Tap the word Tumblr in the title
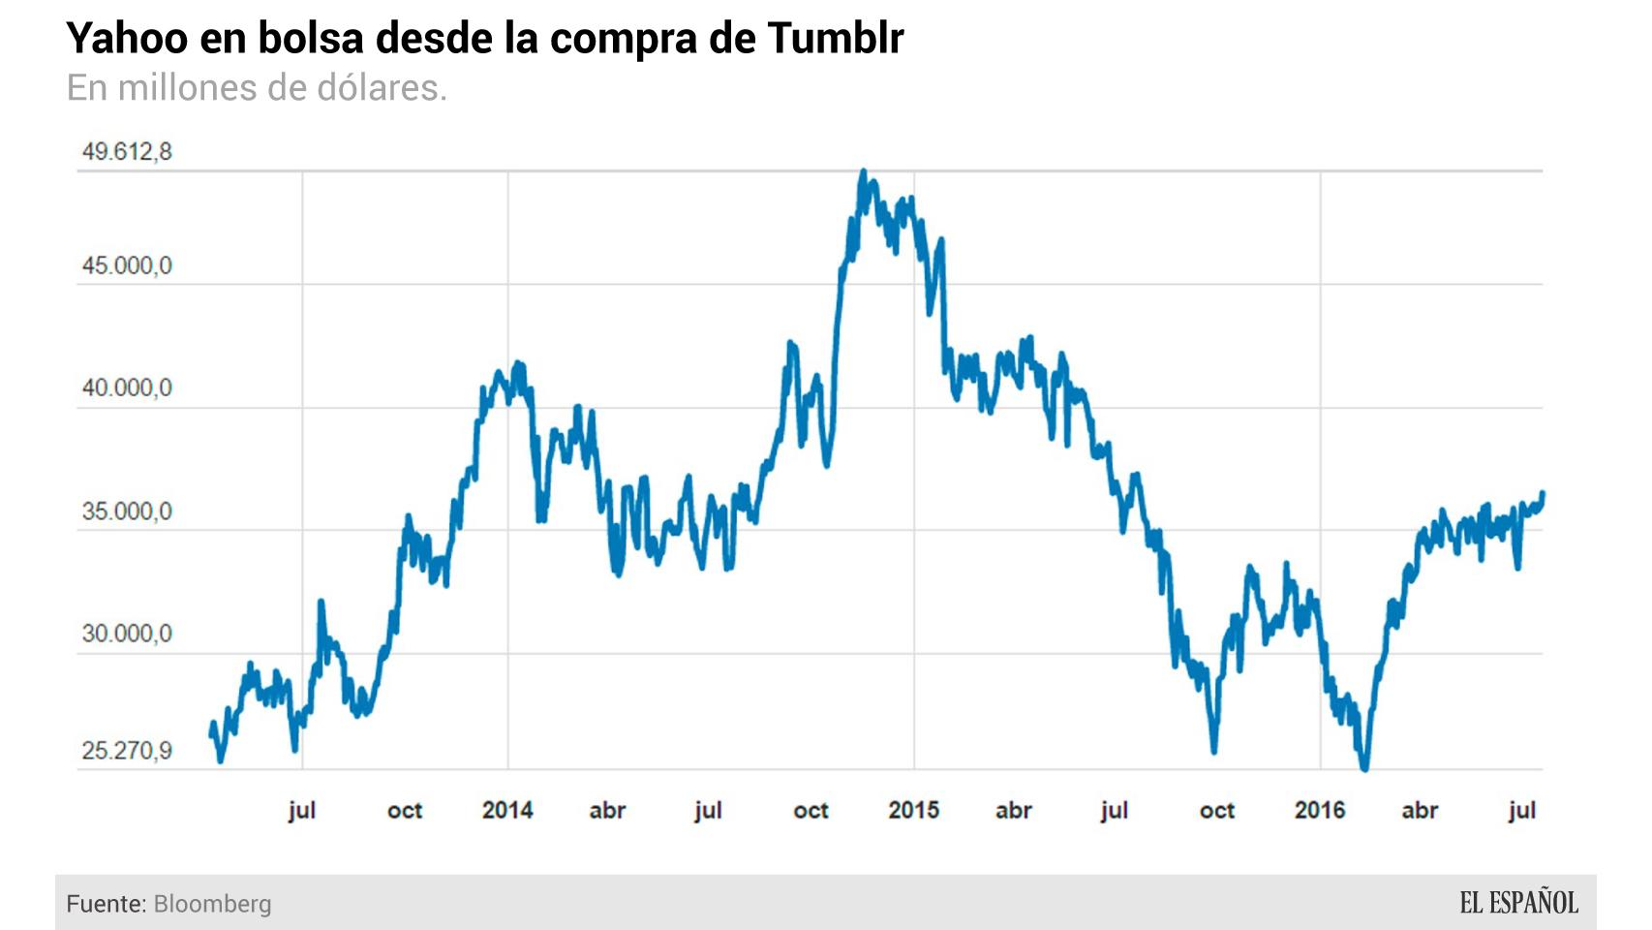click(x=835, y=39)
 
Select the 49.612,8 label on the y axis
click(x=127, y=152)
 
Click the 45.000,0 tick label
click(x=127, y=266)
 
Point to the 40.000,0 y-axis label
click(x=127, y=388)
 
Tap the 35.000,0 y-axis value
click(x=127, y=511)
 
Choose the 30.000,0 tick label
click(x=127, y=634)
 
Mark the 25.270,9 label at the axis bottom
click(x=127, y=751)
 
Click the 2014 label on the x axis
click(x=507, y=810)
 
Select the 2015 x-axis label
click(x=913, y=810)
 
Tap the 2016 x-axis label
click(x=1319, y=810)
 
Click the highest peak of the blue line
click(x=864, y=172)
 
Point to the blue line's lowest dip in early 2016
click(x=1364, y=768)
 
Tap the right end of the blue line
click(x=1542, y=493)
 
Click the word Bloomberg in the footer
click(x=212, y=904)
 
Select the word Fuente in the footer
click(x=106, y=904)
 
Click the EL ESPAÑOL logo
click(x=1518, y=903)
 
